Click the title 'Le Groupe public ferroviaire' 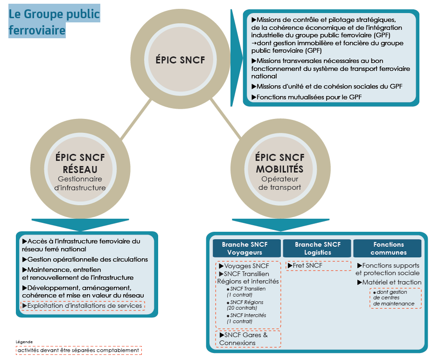pyautogui.click(x=54, y=22)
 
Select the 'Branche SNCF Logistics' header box pyautogui.click(x=317, y=248)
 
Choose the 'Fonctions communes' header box pyautogui.click(x=388, y=248)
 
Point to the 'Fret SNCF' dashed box pyautogui.click(x=318, y=266)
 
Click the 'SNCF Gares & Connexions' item pyautogui.click(x=248, y=339)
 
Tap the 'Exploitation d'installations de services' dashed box pyautogui.click(x=83, y=306)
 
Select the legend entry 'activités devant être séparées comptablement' pyautogui.click(x=78, y=350)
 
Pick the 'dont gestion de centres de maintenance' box pyautogui.click(x=396, y=298)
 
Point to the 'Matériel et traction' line pyautogui.click(x=389, y=282)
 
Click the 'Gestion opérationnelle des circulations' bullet pyautogui.click(x=85, y=259)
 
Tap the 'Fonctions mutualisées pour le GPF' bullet pyautogui.click(x=307, y=97)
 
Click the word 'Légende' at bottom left pyautogui.click(x=24, y=342)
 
